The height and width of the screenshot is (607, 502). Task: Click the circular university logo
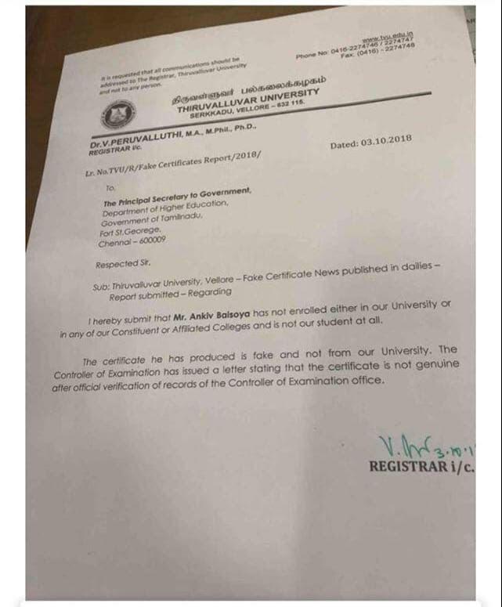pyautogui.click(x=117, y=116)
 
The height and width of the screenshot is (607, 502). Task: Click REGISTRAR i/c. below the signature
pyautogui.click(x=433, y=467)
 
